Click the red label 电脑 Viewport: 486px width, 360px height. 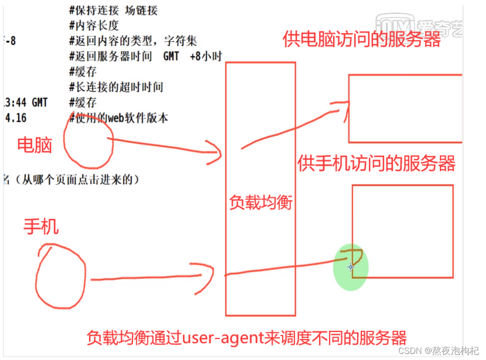[34, 145]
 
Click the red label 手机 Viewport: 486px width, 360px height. [41, 227]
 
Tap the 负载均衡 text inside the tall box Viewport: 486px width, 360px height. [260, 202]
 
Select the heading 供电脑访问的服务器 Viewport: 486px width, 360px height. [362, 40]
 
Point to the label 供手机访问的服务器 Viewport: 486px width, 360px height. [376, 164]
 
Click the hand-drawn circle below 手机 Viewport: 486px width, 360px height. [61, 277]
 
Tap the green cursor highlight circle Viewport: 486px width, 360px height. [351, 267]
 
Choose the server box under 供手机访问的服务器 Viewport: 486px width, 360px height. [402, 231]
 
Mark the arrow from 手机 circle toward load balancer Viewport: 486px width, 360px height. [150, 277]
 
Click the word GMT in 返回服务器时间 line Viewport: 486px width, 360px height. [171, 56]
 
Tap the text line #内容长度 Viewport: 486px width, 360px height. [94, 26]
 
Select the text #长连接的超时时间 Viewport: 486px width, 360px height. [116, 87]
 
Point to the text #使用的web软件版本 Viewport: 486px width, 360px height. [118, 118]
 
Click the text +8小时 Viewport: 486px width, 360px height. [206, 56]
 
